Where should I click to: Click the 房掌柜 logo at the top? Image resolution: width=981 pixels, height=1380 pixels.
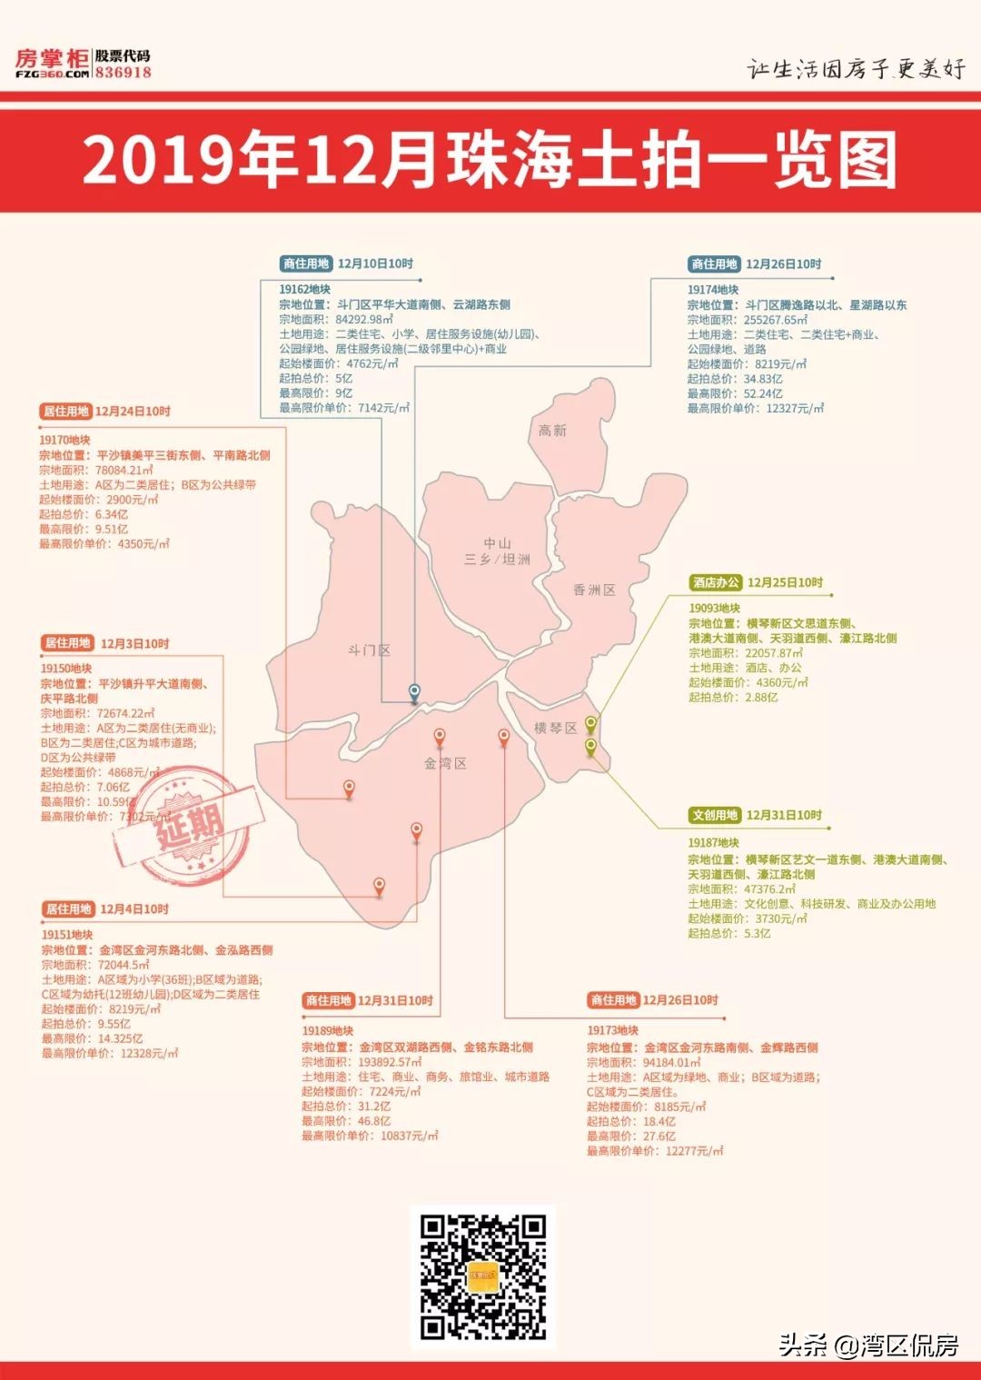click(53, 63)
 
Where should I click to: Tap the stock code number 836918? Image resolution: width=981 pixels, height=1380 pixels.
click(124, 73)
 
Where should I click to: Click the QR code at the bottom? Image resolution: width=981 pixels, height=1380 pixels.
click(482, 1276)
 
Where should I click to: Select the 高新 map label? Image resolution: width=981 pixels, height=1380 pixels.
click(552, 431)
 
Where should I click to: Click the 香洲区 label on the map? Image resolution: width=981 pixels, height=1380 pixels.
click(594, 591)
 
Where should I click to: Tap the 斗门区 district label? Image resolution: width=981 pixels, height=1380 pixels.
click(369, 650)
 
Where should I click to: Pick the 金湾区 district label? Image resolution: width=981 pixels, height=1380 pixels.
click(445, 763)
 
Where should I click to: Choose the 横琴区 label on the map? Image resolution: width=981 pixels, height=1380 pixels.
click(555, 728)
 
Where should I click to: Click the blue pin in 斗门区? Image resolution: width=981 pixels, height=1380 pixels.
click(414, 692)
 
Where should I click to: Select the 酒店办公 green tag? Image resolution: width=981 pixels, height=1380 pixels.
click(716, 582)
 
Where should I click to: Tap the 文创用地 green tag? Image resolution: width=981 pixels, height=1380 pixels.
click(715, 815)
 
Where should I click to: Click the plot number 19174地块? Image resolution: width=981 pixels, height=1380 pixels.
click(712, 290)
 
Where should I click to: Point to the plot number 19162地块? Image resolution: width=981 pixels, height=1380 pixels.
click(304, 290)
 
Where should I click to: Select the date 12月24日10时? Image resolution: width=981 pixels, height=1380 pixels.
click(133, 412)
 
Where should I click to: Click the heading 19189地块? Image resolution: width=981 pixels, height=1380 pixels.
click(327, 1031)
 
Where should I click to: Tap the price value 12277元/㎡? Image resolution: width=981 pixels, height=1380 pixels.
click(694, 1151)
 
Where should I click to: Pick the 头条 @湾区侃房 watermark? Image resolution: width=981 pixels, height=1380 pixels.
click(868, 1345)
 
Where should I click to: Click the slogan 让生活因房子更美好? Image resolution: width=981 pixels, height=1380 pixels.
click(857, 69)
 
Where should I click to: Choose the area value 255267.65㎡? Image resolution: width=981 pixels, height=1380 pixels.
click(775, 320)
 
